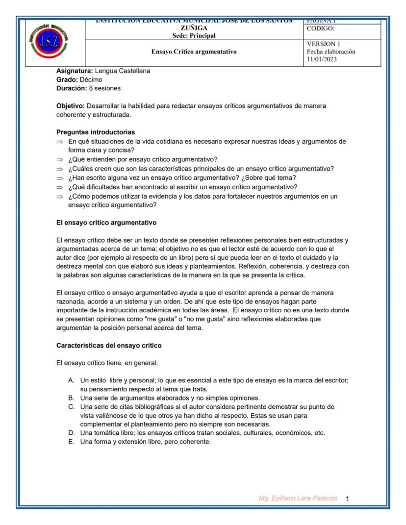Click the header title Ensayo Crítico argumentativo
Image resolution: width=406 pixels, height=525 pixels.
point(194,51)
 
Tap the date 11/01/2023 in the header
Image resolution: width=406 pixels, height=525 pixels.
point(322,59)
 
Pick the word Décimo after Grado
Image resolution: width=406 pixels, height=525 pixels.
point(90,79)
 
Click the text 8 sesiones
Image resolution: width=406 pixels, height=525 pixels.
point(104,88)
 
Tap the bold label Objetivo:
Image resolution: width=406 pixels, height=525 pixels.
point(71,106)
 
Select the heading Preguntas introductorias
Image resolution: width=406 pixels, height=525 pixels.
point(96,132)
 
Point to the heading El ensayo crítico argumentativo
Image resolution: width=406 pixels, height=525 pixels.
point(106,223)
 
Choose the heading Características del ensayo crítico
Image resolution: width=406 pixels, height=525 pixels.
point(109,345)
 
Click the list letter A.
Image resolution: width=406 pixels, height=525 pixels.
point(71,380)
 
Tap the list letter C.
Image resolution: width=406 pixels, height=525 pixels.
point(71,407)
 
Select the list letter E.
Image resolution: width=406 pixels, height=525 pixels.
point(71,442)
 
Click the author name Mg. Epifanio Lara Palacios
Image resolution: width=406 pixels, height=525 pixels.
point(298,498)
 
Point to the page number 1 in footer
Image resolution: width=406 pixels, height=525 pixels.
point(348,499)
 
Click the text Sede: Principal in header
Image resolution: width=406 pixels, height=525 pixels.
point(194,36)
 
